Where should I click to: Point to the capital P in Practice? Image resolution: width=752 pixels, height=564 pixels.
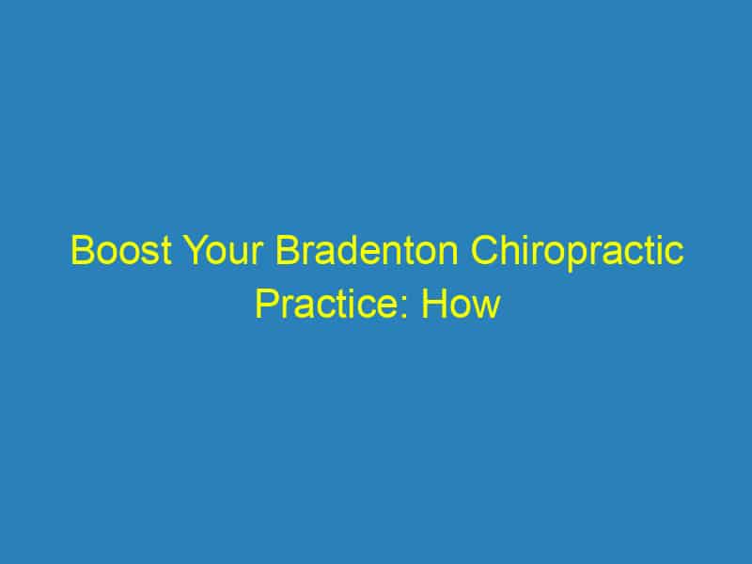[x=266, y=305]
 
